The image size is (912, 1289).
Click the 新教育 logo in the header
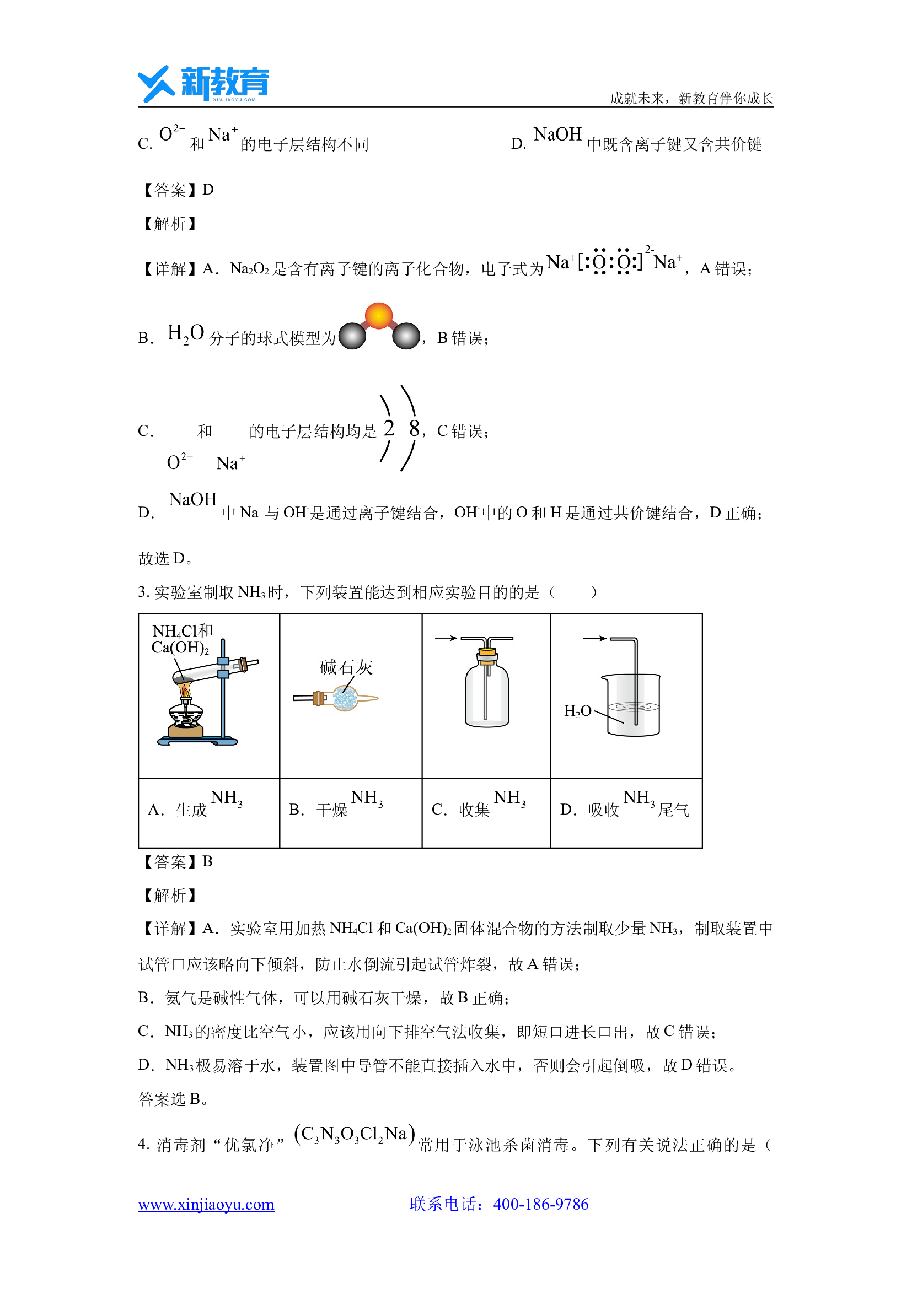coord(203,84)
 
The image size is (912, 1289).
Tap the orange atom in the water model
coord(378,316)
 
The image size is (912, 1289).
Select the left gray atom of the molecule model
coord(352,336)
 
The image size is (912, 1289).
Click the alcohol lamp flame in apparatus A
coord(185,689)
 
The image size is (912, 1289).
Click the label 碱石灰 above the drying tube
coord(346,667)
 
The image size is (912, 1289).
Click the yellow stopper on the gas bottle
coord(487,655)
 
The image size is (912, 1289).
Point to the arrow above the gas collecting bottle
coord(446,638)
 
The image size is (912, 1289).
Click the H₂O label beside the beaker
coord(578,711)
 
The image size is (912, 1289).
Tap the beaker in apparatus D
coord(633,705)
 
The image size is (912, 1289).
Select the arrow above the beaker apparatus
coord(595,638)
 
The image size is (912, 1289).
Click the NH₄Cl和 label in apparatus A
coord(183,631)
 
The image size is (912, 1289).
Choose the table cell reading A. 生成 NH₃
coord(209,813)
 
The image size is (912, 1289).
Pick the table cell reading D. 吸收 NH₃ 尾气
coord(627,813)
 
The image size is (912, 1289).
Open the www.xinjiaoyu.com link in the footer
coord(206,1204)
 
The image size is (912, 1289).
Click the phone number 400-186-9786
coord(541,1204)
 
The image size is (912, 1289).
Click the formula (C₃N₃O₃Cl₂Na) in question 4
coord(355,1134)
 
